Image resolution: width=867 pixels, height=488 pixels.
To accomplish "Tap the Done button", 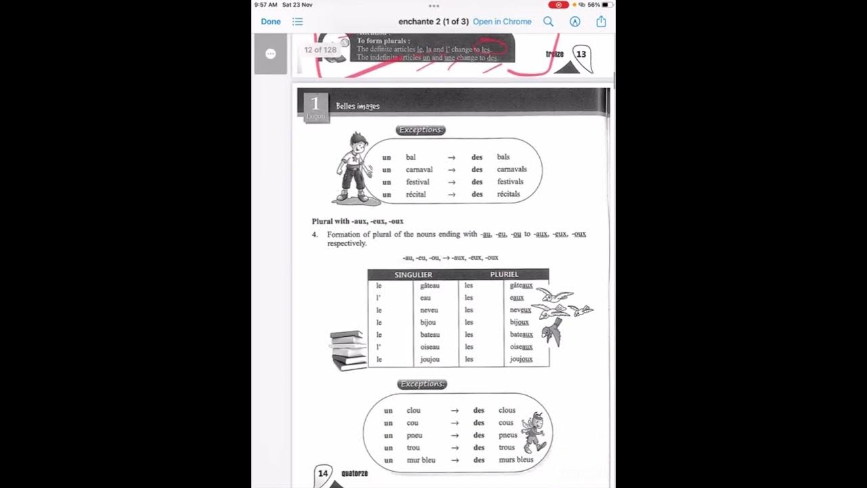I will pyautogui.click(x=270, y=22).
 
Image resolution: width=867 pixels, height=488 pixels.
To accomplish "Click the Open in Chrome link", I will pyautogui.click(x=502, y=22).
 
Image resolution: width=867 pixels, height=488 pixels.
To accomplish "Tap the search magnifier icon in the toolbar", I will pyautogui.click(x=549, y=22).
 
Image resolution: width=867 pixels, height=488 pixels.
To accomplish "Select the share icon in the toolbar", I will pyautogui.click(x=601, y=22).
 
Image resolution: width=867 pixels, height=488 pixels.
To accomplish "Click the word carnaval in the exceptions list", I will pyautogui.click(x=419, y=169).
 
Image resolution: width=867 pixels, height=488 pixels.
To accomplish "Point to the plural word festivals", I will pyautogui.click(x=510, y=182).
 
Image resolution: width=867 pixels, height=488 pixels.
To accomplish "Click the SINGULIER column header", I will pyautogui.click(x=413, y=274).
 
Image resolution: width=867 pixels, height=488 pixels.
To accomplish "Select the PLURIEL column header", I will pyautogui.click(x=504, y=274).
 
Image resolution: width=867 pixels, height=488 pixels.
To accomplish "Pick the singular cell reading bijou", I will pyautogui.click(x=428, y=323).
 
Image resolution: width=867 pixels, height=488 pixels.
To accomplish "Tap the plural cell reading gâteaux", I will pyautogui.click(x=521, y=286).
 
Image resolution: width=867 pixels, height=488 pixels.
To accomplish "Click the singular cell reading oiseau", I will pyautogui.click(x=430, y=347).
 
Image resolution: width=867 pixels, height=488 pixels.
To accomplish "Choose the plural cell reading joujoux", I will pyautogui.click(x=521, y=359).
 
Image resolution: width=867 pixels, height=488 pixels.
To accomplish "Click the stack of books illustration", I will pyautogui.click(x=348, y=350).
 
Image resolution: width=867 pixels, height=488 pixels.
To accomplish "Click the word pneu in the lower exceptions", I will pyautogui.click(x=414, y=435).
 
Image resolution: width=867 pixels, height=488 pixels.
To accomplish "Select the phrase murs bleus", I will pyautogui.click(x=516, y=460).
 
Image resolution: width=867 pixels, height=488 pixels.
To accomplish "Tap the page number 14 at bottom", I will pyautogui.click(x=323, y=474).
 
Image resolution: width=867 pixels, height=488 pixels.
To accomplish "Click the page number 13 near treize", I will pyautogui.click(x=581, y=54).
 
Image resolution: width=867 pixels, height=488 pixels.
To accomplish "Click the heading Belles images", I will pyautogui.click(x=358, y=106).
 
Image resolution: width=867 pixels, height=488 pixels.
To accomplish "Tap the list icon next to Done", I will pyautogui.click(x=297, y=22).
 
